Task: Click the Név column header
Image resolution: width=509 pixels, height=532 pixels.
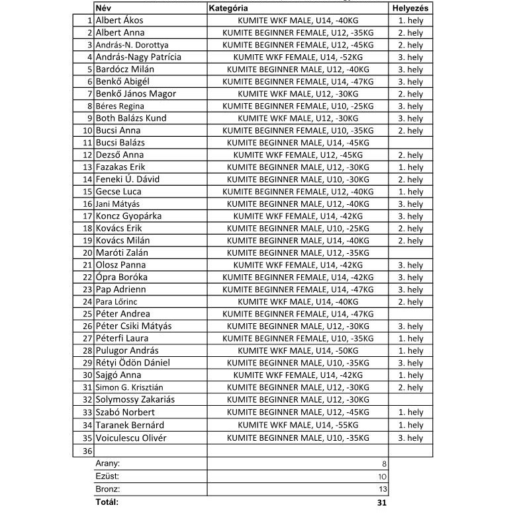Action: (x=103, y=8)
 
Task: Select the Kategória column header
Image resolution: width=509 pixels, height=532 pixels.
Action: (x=228, y=8)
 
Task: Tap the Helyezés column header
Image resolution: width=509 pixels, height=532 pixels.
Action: (x=410, y=8)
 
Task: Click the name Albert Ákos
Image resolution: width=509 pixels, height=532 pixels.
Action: (x=119, y=20)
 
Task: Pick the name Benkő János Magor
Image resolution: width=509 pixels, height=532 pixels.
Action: (x=136, y=94)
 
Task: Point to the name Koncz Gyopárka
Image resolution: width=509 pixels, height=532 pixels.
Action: (x=128, y=216)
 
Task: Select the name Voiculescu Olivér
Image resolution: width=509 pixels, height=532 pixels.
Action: (x=131, y=437)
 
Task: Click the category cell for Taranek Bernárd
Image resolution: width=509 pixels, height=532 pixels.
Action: (x=298, y=425)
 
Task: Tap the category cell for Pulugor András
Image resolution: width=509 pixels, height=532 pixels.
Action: (x=298, y=351)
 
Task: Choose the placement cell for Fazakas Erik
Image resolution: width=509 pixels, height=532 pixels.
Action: (x=410, y=167)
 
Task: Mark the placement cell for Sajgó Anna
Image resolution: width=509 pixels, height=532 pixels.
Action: (x=410, y=375)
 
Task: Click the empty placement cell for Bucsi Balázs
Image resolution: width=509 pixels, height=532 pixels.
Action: (x=410, y=143)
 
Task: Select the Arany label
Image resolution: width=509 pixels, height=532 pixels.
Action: (x=107, y=464)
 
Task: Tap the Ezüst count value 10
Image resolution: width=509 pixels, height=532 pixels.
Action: (x=382, y=477)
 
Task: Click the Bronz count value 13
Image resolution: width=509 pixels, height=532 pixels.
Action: (x=382, y=490)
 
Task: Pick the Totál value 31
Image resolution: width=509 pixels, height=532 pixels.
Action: (x=381, y=503)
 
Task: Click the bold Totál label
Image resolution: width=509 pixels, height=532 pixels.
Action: (x=107, y=502)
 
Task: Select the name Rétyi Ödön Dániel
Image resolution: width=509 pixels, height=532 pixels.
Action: (x=132, y=363)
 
